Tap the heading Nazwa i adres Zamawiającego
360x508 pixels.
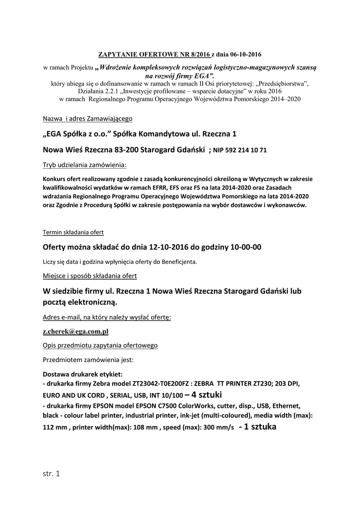(x=87, y=119)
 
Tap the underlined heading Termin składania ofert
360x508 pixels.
(x=73, y=232)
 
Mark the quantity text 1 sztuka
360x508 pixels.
(x=258, y=427)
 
